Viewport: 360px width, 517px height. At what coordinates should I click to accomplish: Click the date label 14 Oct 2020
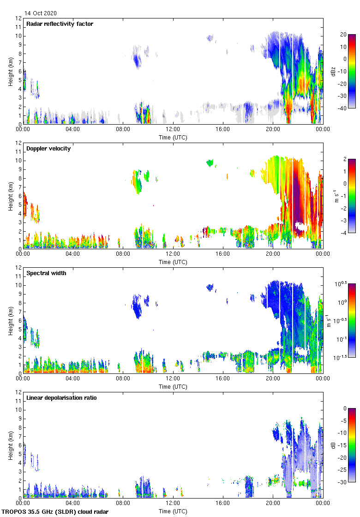click(x=41, y=13)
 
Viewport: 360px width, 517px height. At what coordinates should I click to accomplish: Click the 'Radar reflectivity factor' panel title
click(x=60, y=24)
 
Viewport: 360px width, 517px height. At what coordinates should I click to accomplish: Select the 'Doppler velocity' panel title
click(x=48, y=148)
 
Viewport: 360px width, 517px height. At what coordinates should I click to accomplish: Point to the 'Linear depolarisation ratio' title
click(x=61, y=397)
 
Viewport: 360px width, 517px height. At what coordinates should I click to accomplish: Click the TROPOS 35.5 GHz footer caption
click(x=55, y=512)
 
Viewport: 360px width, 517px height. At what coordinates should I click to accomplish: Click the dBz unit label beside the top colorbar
click(x=333, y=71)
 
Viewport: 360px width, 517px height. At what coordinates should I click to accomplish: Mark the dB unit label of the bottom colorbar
click(x=333, y=445)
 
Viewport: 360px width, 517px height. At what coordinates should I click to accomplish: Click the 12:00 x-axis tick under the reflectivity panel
click(x=173, y=129)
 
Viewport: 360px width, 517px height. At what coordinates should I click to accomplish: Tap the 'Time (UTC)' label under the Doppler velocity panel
click(x=173, y=262)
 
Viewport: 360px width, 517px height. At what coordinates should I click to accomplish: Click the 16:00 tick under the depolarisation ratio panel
click(x=222, y=503)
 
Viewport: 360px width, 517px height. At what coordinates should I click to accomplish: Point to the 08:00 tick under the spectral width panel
click(x=123, y=379)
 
